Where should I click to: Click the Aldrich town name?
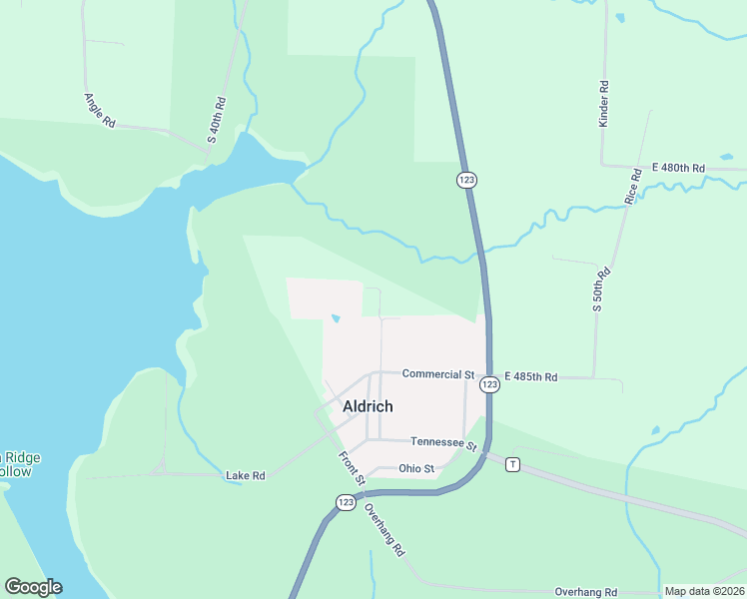368,406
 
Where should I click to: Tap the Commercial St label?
437,374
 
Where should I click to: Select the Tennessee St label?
445,442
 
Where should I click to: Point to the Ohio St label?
416,468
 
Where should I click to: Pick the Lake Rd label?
246,476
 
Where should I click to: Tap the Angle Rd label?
101,110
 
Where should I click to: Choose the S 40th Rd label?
216,120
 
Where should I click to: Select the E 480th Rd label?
678,168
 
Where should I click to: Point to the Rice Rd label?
631,187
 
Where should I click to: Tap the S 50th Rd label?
600,289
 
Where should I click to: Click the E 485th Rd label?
530,376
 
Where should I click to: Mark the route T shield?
512,464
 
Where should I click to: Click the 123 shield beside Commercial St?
489,384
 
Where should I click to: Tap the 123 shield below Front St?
346,502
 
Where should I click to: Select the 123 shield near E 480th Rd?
466,179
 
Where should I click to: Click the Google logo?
33,587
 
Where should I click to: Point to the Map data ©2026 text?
703,591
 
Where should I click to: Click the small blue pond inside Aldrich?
336,319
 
